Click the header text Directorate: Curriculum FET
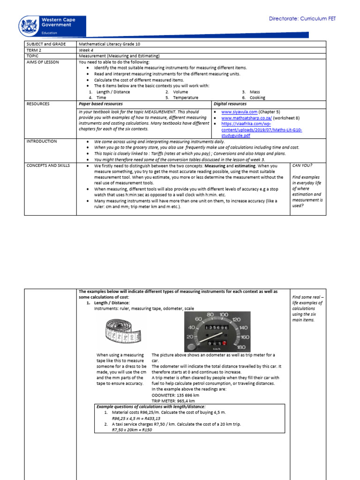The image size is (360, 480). [x=302, y=19]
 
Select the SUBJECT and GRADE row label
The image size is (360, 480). [x=43, y=44]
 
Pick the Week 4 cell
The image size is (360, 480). [x=87, y=50]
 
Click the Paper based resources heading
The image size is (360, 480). [x=101, y=104]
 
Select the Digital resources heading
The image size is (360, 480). [x=230, y=104]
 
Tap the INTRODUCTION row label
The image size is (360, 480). [x=42, y=141]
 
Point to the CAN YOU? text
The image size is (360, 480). [x=303, y=165]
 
